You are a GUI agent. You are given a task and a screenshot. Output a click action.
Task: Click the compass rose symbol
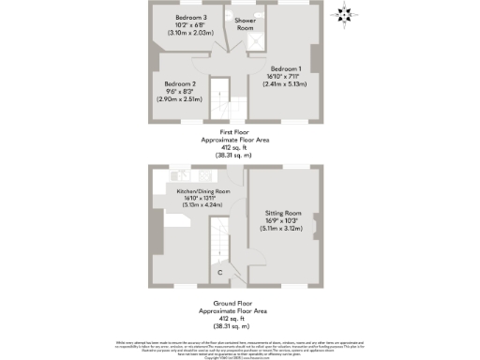(x=346, y=13)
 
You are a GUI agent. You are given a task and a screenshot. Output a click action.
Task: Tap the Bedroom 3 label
(x=191, y=18)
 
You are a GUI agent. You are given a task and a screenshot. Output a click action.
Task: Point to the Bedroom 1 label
(x=286, y=69)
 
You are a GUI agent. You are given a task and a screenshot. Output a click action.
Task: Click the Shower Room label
(x=246, y=23)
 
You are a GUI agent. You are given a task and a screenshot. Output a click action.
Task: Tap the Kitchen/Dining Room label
(x=197, y=190)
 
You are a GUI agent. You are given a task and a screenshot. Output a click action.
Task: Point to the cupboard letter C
(x=219, y=273)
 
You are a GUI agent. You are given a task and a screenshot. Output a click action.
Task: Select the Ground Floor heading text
(x=239, y=304)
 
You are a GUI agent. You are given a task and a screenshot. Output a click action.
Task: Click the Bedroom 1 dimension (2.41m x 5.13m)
(x=286, y=85)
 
